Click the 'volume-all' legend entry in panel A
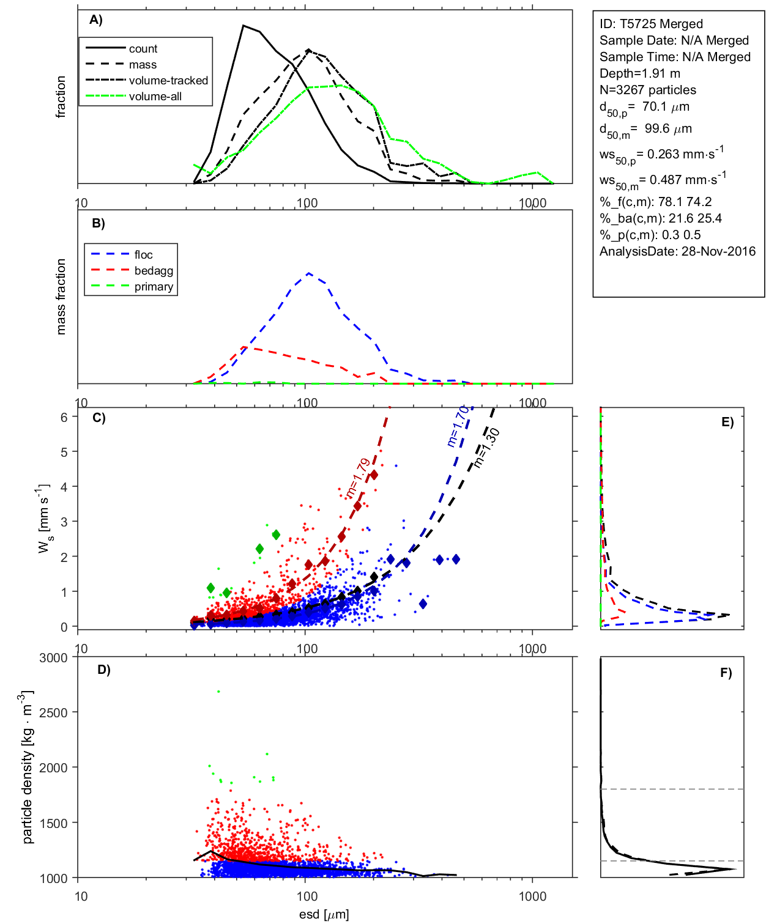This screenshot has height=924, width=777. (155, 97)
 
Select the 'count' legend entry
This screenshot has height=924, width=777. (143, 49)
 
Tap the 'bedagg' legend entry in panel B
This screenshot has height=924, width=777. (154, 271)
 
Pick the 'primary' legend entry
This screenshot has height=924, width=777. (154, 287)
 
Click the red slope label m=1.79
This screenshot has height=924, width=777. (357, 478)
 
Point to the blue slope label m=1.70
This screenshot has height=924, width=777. (458, 426)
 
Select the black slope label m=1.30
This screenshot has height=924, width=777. (487, 448)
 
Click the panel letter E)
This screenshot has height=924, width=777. (727, 422)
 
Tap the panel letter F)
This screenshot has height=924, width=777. (726, 673)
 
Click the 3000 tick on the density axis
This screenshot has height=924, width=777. (53, 658)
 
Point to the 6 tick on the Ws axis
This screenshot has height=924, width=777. (64, 417)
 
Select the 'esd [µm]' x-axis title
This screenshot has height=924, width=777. (324, 915)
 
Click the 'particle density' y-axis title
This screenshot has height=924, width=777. (28, 767)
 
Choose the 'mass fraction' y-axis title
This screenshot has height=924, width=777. (61, 297)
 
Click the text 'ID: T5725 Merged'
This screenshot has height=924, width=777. (651, 24)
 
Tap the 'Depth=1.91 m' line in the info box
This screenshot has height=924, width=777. (639, 73)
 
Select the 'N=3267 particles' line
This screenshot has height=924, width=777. (647, 90)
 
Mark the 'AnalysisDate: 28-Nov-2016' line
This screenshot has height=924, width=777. (677, 251)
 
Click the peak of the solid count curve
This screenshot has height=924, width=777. (244, 26)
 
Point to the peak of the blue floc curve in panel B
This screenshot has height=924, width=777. (309, 273)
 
